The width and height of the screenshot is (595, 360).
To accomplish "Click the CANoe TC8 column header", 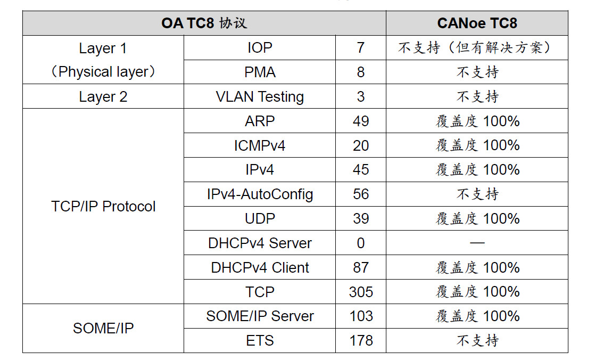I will tap(477, 23).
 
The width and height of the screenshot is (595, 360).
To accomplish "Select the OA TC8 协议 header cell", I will tap(204, 23).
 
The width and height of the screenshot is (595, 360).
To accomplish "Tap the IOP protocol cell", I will tap(260, 48).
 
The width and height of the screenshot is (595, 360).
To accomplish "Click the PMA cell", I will tap(260, 72).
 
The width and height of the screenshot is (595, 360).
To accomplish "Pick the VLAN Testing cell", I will tap(260, 97).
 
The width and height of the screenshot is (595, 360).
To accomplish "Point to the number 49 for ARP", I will tap(361, 121).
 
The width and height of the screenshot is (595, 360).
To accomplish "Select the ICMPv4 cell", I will tap(260, 145).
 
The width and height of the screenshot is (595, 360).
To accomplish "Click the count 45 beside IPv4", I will tap(361, 170).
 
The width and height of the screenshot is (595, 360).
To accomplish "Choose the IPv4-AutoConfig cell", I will tap(260, 194).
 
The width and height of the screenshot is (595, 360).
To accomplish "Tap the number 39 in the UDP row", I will tap(361, 219).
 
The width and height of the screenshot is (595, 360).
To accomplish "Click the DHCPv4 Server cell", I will tap(260, 243).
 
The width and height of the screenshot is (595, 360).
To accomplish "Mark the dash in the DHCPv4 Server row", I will tap(477, 243).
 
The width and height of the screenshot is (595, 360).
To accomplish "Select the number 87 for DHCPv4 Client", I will tap(361, 267).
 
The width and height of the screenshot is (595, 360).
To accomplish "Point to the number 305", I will tap(361, 292).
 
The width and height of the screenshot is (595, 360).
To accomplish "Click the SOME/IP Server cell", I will tap(260, 316).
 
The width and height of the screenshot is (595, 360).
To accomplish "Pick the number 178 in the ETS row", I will tap(361, 340).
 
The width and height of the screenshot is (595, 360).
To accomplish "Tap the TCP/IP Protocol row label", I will tap(103, 207).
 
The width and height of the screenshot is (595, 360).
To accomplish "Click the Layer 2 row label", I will tap(103, 97).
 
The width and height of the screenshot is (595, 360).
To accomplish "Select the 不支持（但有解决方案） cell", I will tap(477, 48).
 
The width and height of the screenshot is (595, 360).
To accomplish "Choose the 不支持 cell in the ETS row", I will tap(477, 340).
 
